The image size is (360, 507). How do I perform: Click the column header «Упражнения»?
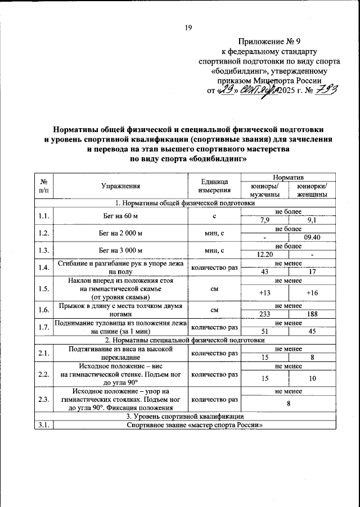coord(120,186)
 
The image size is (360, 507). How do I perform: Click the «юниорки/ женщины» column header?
coord(312,190)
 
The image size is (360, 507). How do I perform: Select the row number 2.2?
coord(43,374)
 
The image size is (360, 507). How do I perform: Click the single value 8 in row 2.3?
coord(289,403)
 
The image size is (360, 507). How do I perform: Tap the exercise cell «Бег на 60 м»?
coord(120,216)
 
